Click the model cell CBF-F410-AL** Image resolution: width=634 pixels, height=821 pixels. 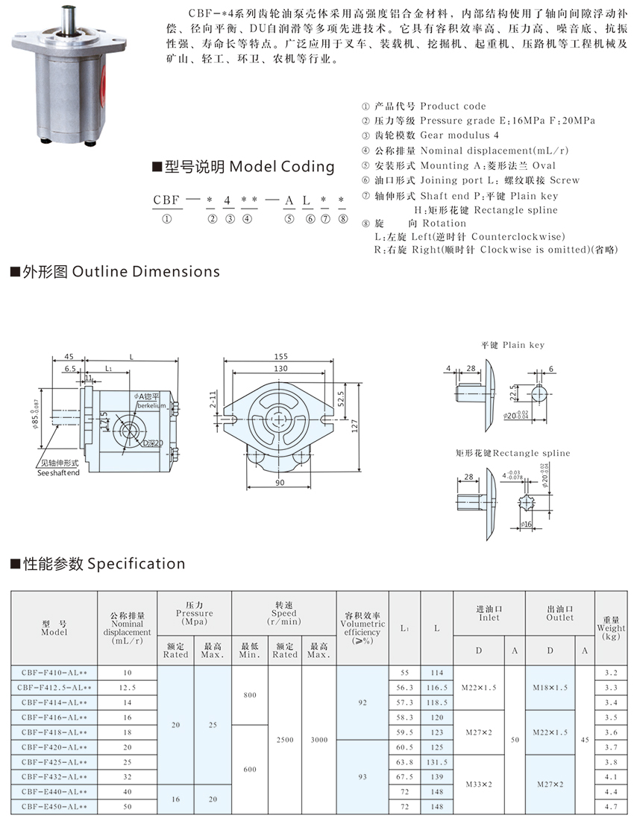(54, 673)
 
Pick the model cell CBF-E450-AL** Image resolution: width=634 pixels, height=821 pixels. (54, 807)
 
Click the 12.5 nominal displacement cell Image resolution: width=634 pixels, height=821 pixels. (127, 688)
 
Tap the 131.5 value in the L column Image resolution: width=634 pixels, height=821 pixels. (436, 762)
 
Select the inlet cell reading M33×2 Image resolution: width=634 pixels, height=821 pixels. (478, 784)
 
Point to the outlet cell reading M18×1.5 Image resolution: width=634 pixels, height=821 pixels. (550, 688)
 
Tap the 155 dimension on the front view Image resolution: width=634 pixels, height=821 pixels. (280, 357)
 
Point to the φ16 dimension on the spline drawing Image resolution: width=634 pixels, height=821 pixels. (527, 524)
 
